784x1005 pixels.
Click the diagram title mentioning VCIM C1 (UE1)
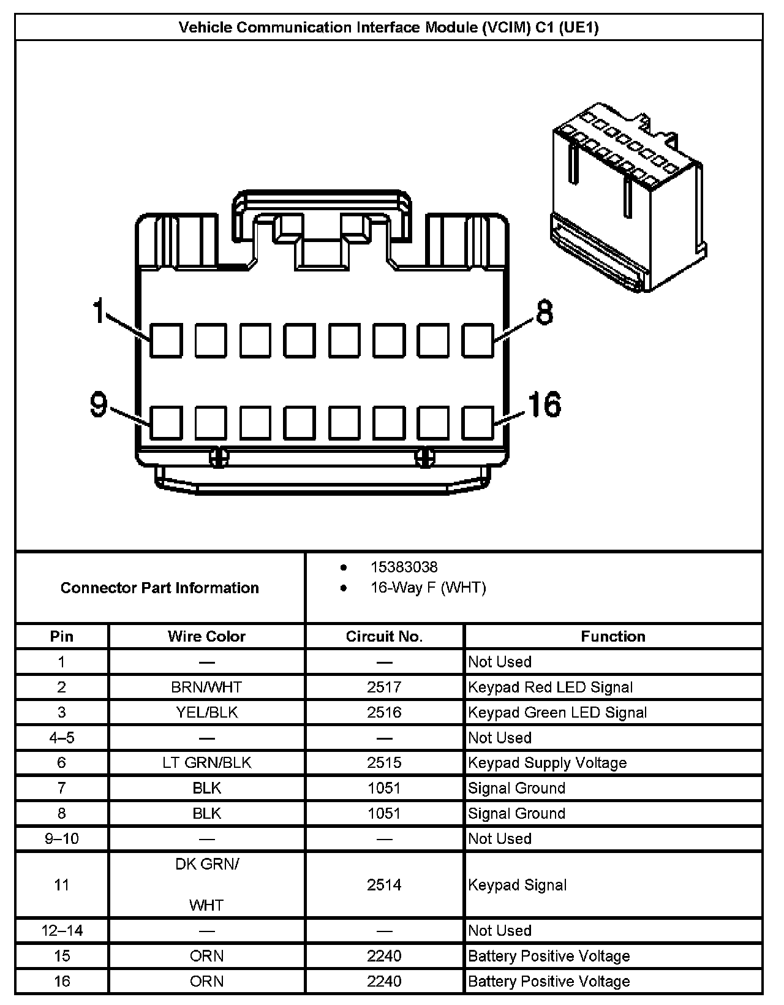pos(388,28)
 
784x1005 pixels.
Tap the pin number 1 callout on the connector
pos(99,311)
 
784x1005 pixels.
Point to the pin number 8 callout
pos(544,312)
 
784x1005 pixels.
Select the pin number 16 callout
pos(544,405)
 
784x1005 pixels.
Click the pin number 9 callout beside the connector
pos(99,405)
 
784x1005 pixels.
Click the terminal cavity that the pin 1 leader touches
pos(166,341)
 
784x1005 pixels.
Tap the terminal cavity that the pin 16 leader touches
pos(477,423)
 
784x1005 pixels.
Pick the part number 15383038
pos(404,567)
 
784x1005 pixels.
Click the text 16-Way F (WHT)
pos(428,588)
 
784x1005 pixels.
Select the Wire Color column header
pos(206,637)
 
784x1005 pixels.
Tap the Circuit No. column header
pos(384,637)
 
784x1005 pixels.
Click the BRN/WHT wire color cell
pos(206,687)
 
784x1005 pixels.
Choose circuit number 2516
pos(384,712)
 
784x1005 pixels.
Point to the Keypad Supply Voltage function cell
pos(548,763)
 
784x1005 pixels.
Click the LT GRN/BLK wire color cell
pos(206,763)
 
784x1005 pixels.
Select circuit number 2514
pos(384,885)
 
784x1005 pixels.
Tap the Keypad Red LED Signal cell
pos(550,687)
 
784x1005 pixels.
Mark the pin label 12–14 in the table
pos(62,931)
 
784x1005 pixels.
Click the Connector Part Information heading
pos(160,588)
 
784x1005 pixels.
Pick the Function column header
pos(613,637)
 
